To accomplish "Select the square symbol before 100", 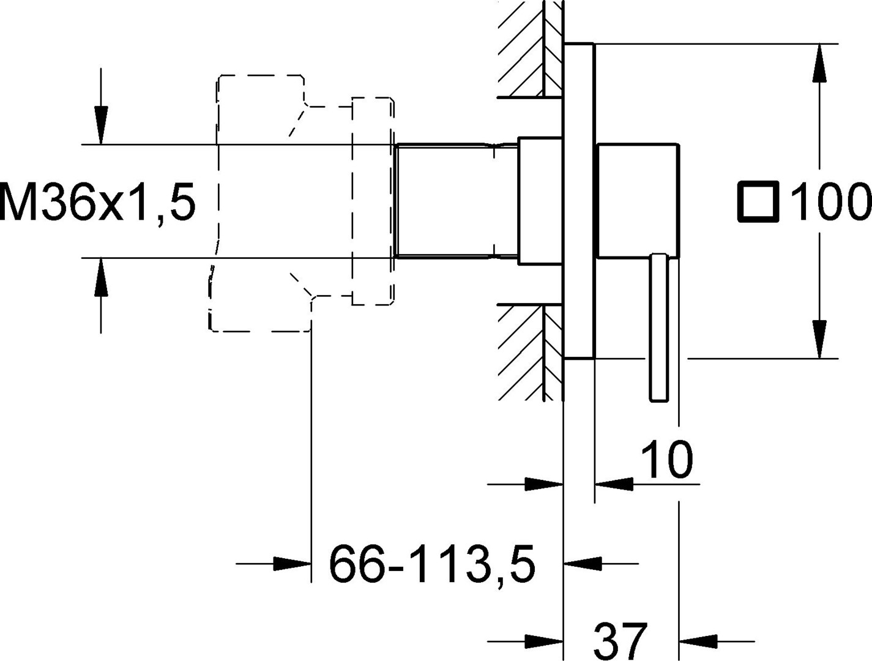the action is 758,201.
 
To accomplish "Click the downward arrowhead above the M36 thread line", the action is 101,125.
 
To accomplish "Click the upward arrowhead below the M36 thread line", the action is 101,277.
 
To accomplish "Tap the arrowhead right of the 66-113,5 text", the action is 583,563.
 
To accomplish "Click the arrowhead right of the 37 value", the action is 698,641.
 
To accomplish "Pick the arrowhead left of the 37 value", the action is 544,641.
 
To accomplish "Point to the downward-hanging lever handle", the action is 659,327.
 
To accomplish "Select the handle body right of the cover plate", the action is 638,200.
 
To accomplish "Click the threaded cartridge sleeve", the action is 456,201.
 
